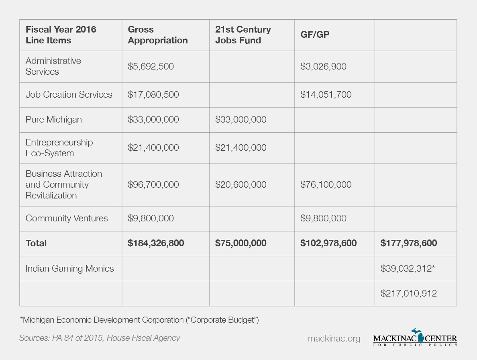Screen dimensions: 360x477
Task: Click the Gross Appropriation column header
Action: click(158, 35)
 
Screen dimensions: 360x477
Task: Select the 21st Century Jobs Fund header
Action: click(243, 35)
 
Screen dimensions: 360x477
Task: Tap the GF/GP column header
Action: click(315, 35)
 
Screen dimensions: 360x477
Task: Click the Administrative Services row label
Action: click(53, 66)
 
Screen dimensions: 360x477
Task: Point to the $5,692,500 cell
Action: click(151, 66)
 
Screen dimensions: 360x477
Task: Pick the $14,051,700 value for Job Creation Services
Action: click(326, 95)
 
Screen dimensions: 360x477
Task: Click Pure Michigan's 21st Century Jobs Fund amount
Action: click(241, 120)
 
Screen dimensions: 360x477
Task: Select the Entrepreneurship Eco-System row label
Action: click(59, 148)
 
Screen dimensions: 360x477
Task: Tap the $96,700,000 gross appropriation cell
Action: click(153, 185)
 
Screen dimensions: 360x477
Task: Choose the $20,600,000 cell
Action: click(241, 185)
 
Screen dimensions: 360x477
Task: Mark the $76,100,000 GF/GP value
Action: click(326, 185)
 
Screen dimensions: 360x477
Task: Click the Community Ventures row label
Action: click(67, 219)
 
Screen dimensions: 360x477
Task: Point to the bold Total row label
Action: click(36, 243)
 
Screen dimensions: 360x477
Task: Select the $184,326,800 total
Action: click(156, 243)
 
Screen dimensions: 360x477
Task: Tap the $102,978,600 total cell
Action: click(328, 243)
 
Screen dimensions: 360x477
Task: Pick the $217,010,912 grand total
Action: click(409, 293)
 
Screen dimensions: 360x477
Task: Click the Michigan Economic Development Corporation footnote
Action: click(139, 320)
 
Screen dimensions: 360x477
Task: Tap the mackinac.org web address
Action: click(334, 339)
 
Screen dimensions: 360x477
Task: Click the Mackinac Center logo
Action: click(415, 337)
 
